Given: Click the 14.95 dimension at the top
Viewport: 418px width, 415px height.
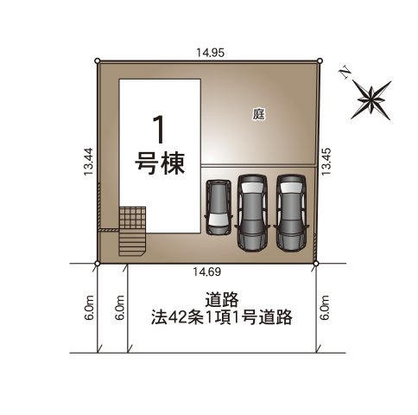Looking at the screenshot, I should click(210, 53).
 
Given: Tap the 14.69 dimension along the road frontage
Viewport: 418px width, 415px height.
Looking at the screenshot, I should click(206, 273).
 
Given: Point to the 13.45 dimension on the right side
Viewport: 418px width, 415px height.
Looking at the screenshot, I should click(326, 162).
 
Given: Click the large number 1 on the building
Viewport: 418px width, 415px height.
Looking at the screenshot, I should click(159, 130).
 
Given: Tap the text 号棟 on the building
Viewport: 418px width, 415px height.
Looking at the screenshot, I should click(160, 163).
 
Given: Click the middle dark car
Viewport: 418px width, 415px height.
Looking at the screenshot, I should click(252, 210).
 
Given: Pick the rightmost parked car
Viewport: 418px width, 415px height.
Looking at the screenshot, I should click(291, 210).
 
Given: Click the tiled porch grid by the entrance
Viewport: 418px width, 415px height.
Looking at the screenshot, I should click(132, 218).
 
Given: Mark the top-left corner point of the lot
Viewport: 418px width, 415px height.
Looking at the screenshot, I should click(98, 60).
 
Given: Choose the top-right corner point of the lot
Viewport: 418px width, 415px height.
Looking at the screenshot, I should click(320, 61).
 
